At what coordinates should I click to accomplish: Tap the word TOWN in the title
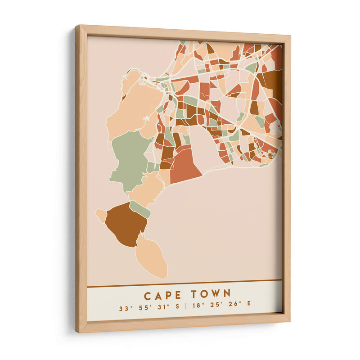click(211, 294)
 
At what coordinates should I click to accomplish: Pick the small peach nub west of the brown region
click(101, 215)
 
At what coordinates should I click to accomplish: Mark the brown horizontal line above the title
click(184, 283)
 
